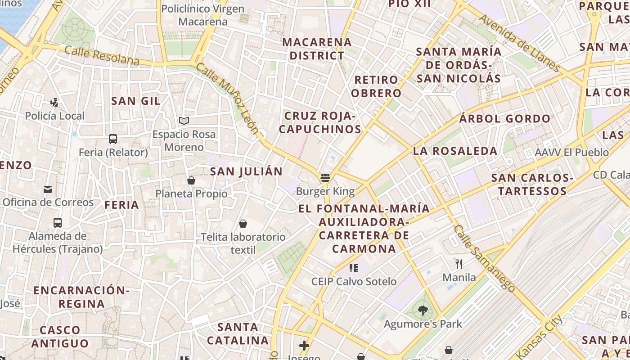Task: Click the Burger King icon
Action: [x=325, y=178]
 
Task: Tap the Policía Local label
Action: [x=54, y=116]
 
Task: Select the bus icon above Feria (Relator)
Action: [x=113, y=139]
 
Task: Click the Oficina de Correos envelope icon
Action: [x=48, y=189]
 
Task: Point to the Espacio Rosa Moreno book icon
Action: [x=184, y=121]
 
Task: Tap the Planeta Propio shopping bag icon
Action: [x=191, y=180]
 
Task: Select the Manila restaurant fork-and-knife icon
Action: [x=459, y=264]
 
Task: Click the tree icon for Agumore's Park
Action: [x=423, y=310]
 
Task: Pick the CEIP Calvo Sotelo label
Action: [x=354, y=282]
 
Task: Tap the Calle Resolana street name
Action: [x=102, y=54]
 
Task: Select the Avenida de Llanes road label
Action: [x=520, y=43]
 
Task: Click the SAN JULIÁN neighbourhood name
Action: [x=246, y=171]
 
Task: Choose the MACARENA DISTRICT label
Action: [x=317, y=49]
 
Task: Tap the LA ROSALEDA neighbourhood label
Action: [x=455, y=151]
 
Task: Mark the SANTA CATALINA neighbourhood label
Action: [x=238, y=333]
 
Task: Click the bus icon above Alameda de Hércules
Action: [x=58, y=222]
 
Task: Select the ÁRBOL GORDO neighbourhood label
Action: [x=504, y=119]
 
